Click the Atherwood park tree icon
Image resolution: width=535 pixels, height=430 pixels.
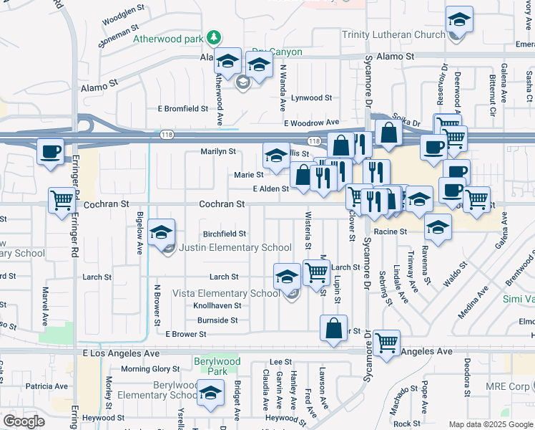point(213,37)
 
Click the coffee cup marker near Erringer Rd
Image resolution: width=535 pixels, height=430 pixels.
point(50,152)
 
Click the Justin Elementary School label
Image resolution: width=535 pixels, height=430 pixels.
point(235,248)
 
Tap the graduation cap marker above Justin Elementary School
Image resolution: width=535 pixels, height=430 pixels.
point(162,232)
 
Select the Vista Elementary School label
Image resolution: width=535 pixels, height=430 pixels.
point(226,293)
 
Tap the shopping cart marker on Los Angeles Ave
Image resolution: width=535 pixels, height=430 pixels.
point(386,343)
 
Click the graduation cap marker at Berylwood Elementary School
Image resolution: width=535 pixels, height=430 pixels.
point(210,393)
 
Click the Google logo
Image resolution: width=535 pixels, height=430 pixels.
point(24,421)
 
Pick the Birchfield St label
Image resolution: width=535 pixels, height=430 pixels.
point(225,234)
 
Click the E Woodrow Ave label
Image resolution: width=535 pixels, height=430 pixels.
point(310,123)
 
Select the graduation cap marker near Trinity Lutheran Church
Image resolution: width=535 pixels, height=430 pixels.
point(459,20)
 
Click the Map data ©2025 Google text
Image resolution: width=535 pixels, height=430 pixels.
point(490,424)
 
